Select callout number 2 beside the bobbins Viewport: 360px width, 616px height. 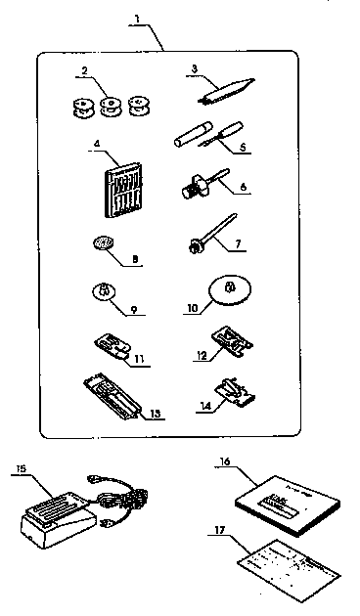[x=85, y=71]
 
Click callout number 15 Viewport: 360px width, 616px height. [x=21, y=469]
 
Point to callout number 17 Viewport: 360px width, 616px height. [x=219, y=529]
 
